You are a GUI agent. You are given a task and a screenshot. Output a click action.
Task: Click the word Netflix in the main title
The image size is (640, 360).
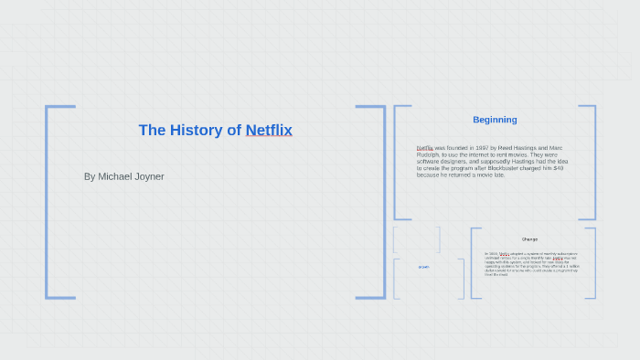[x=269, y=130]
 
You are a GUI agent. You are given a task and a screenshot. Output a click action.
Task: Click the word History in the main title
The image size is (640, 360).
[x=197, y=130]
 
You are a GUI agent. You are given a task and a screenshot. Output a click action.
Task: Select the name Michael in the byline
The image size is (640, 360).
[x=115, y=176]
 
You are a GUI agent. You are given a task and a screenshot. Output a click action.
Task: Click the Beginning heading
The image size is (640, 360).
[x=495, y=120]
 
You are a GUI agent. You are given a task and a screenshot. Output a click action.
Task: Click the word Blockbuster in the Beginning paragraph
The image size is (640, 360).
[x=522, y=168]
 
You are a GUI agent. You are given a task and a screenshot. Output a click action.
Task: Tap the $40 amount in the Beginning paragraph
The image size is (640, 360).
[x=559, y=168]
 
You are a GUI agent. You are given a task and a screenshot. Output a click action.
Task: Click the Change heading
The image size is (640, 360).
[x=529, y=239]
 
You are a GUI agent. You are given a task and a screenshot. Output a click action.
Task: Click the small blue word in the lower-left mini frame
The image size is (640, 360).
[x=423, y=267]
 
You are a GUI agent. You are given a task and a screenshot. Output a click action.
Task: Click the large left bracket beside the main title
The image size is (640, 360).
[x=48, y=202]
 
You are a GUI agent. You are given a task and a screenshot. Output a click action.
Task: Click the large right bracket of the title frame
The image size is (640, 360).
[x=382, y=202]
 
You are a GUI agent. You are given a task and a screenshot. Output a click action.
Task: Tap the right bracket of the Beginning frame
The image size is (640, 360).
[x=593, y=163]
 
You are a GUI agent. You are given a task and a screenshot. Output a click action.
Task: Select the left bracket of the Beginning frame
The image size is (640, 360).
[x=396, y=163]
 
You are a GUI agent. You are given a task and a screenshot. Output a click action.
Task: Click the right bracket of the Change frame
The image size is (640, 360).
[x=593, y=263]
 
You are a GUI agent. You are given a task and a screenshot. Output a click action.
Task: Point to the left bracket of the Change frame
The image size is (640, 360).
[x=473, y=263]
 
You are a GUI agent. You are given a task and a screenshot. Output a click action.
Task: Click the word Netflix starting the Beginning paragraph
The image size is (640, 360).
[x=424, y=148]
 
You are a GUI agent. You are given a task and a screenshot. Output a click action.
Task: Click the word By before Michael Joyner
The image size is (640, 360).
[x=89, y=176]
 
